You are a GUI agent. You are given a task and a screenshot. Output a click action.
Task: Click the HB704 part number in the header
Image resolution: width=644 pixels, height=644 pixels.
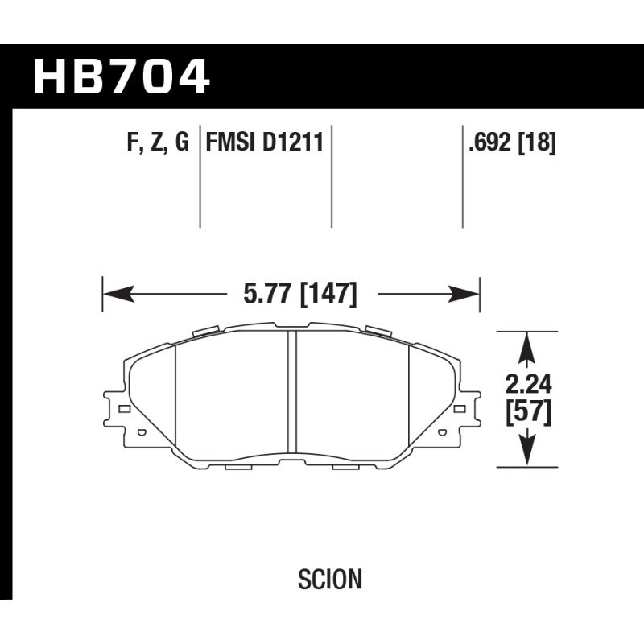coord(122,76)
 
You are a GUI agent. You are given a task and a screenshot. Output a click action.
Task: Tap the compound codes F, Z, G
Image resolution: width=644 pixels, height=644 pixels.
coord(158,142)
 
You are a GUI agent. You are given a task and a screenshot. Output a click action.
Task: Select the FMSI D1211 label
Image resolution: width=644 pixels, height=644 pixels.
coord(265,142)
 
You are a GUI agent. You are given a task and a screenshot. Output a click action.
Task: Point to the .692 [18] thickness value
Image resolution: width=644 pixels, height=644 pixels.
coord(512,142)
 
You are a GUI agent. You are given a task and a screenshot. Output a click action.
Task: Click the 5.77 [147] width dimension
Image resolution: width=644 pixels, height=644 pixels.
coord(300,294)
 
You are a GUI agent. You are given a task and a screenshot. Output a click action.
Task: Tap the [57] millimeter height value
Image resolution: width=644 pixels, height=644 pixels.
coord(529,413)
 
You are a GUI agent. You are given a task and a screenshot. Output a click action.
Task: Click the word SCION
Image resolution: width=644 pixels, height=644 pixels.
coord(330,579)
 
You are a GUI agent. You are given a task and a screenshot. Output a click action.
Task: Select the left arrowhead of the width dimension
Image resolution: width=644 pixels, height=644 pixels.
coord(118,294)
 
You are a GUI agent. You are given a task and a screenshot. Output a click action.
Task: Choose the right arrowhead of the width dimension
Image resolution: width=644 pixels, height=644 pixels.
coord(464,294)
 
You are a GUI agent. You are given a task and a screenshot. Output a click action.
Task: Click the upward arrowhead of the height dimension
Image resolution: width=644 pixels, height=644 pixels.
coord(527,347)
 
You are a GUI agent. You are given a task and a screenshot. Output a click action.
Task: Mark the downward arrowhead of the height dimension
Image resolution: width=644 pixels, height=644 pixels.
coord(527,451)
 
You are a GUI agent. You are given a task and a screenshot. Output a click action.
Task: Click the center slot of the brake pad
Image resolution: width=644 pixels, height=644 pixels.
coord(292,392)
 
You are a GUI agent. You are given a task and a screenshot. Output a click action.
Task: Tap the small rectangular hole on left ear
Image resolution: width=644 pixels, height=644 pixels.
coord(125,409)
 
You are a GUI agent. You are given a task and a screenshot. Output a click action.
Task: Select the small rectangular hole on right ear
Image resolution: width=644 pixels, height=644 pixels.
coord(459,409)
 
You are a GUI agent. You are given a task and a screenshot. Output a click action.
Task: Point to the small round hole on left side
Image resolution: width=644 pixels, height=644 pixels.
coord(142,432)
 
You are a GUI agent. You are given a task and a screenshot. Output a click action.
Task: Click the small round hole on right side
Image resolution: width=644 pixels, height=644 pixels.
coord(442,432)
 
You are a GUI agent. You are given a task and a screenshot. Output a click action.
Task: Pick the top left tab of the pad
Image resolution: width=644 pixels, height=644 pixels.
coord(204,331)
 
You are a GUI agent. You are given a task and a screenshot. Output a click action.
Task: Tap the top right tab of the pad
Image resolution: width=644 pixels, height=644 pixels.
coord(378,331)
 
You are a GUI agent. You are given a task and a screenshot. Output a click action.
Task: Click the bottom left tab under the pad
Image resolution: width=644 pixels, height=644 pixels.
coord(238,468)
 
